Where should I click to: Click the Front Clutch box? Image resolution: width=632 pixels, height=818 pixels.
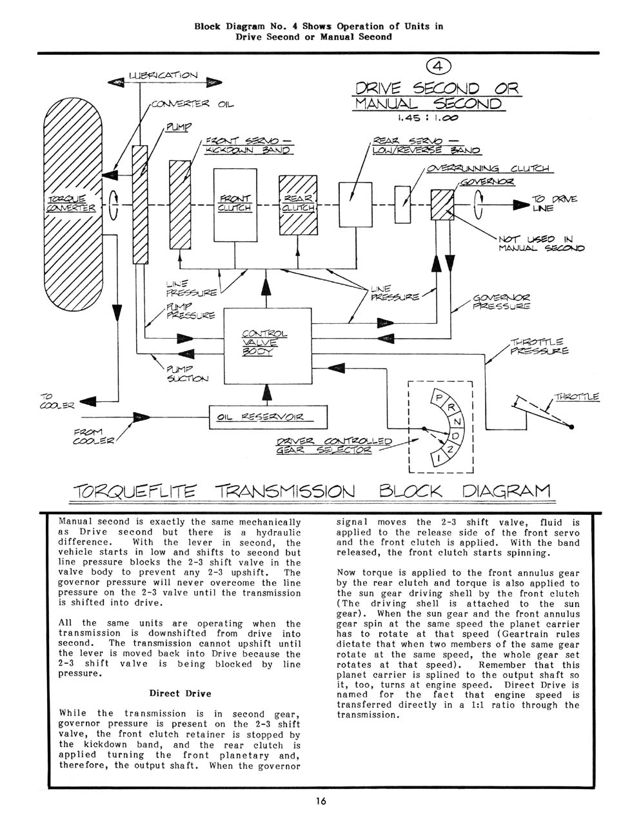(235, 205)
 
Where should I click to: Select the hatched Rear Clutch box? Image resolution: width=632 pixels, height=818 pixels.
(298, 205)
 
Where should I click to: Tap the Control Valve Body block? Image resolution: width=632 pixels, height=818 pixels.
(268, 346)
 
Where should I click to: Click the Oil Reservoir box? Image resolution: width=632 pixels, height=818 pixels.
(268, 417)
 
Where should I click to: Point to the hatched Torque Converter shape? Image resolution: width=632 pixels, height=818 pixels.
(73, 204)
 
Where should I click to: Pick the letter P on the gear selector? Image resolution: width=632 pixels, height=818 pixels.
(439, 398)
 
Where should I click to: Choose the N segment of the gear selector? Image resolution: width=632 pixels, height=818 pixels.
(457, 422)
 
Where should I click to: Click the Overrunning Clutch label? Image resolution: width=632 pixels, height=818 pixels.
(488, 168)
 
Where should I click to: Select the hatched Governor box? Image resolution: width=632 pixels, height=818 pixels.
(442, 205)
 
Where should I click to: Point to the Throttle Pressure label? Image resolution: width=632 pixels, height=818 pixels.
(539, 346)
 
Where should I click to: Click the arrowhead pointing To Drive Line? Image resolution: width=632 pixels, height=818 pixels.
(521, 205)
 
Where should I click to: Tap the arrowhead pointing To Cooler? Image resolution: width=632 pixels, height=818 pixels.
(88, 402)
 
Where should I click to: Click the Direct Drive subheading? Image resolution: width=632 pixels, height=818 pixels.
(180, 693)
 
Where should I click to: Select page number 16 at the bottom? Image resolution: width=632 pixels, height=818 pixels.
(321, 801)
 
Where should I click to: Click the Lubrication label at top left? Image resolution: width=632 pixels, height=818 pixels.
(163, 75)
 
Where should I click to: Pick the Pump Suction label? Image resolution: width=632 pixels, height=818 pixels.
(187, 374)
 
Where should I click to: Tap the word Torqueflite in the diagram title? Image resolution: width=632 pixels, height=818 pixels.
(135, 492)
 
